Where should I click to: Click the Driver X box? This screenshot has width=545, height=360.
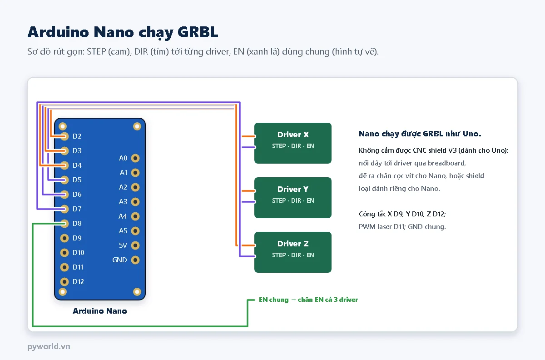tap(292, 143)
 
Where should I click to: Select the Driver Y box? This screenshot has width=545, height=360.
tap(292, 198)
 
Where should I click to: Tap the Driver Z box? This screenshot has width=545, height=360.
tap(292, 252)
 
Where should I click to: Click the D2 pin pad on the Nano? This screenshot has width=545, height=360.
tap(64, 136)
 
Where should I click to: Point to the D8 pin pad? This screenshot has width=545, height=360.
tap(64, 223)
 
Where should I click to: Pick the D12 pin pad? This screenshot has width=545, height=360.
tap(64, 281)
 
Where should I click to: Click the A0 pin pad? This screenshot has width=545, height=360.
tap(135, 158)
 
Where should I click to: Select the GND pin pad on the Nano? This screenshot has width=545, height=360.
tap(135, 260)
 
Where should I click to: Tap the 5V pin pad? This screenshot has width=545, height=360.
tap(135, 245)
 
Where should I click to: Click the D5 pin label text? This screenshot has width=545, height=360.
tap(77, 180)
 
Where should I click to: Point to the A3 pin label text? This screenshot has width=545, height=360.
tap(123, 202)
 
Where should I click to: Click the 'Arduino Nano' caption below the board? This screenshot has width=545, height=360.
tap(100, 311)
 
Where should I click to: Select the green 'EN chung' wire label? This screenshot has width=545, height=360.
tap(308, 300)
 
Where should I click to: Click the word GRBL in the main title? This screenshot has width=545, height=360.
tap(198, 32)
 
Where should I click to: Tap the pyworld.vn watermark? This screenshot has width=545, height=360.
tap(49, 346)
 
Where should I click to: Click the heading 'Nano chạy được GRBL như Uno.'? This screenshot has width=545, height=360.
tap(420, 134)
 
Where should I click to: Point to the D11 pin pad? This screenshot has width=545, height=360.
tap(64, 267)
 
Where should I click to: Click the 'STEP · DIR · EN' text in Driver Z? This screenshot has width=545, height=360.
tap(293, 255)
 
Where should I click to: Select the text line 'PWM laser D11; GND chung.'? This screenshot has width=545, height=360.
tap(402, 227)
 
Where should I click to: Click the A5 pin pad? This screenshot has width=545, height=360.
tap(135, 230)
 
